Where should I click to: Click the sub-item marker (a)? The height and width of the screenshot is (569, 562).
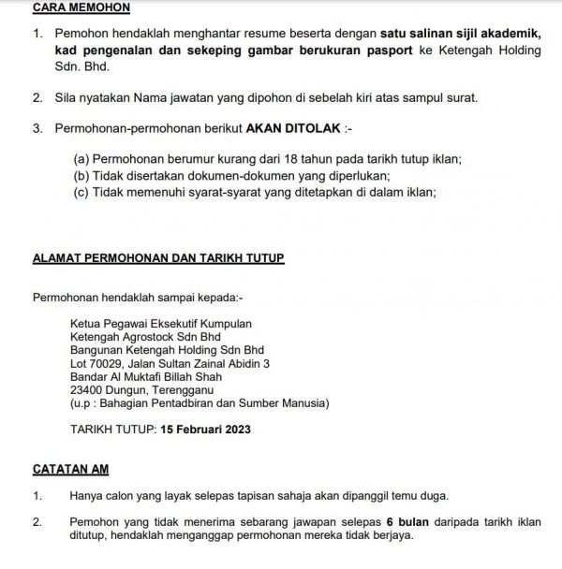(x=81, y=160)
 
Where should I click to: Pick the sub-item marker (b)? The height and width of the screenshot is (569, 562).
(x=81, y=175)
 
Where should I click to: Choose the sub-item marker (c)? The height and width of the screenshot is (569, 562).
(x=81, y=191)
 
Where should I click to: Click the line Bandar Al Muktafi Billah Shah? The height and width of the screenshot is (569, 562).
(x=148, y=376)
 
